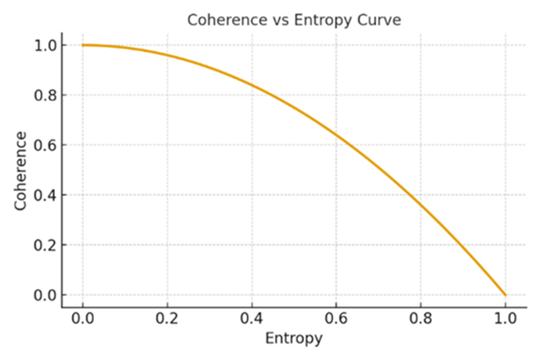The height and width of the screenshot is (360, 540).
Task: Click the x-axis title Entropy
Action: tap(294, 339)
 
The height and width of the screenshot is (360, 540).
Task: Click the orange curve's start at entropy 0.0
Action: tap(82, 45)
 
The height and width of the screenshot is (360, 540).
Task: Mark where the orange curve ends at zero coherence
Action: tap(506, 295)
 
